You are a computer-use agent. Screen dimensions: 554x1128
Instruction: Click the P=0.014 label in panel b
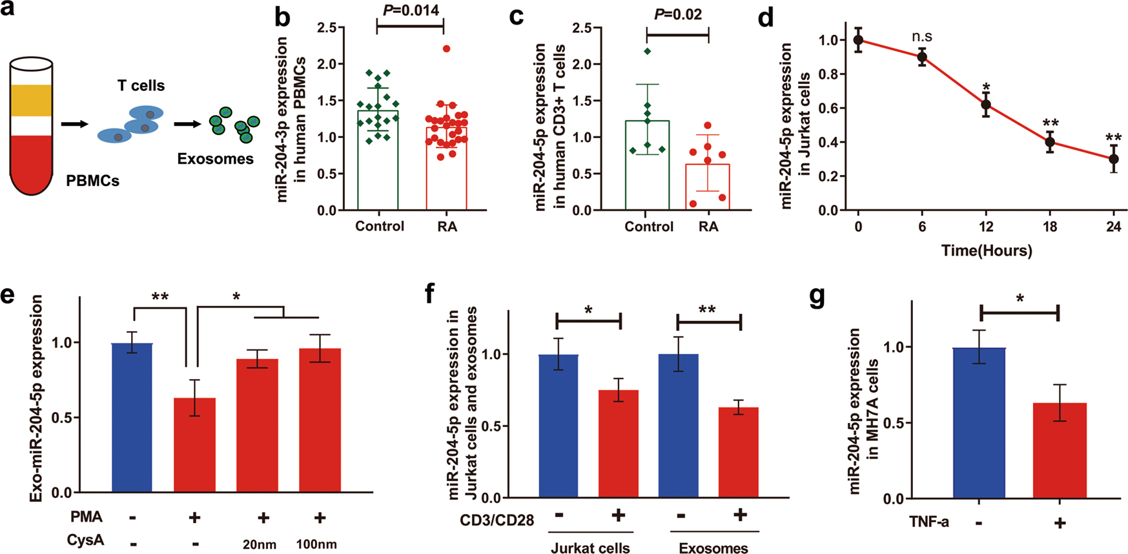tap(411, 10)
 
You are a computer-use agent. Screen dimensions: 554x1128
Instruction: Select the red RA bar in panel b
tap(447, 171)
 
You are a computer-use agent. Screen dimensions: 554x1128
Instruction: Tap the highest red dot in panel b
tap(446, 49)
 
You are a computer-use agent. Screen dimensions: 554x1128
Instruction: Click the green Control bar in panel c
tap(647, 168)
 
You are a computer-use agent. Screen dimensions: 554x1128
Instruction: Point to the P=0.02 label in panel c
tap(678, 14)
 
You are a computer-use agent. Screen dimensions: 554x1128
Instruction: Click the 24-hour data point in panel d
tap(1113, 159)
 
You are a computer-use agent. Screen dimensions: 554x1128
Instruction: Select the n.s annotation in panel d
tap(921, 37)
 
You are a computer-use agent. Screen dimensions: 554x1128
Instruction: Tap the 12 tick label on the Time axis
tap(986, 227)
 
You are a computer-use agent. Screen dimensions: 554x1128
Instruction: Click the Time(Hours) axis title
tap(986, 251)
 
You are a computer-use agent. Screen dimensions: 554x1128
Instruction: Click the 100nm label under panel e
tap(316, 544)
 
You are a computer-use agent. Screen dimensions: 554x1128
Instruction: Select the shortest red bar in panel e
tap(195, 446)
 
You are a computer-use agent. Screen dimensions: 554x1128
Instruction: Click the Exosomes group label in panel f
tap(713, 548)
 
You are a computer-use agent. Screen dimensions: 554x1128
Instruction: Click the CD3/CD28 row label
tap(497, 520)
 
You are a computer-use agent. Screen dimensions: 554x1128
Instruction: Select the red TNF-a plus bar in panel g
tap(1059, 451)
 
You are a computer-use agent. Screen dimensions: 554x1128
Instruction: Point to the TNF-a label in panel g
tap(929, 522)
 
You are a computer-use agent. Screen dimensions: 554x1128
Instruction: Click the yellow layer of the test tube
tap(31, 100)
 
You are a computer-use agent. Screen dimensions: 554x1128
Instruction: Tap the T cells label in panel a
tap(141, 85)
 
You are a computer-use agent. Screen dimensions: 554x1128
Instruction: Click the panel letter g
tap(817, 299)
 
